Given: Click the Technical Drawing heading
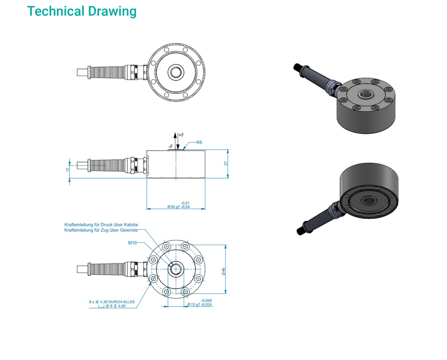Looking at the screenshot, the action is tap(82, 11).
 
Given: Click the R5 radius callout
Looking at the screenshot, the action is tap(199, 142).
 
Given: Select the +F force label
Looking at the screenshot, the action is tap(181, 135).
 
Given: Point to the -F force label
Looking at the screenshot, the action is tap(171, 146).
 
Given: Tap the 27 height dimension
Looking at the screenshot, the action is tap(226, 164).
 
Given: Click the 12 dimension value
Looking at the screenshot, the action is tap(67, 170).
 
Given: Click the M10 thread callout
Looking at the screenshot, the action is tap(132, 243).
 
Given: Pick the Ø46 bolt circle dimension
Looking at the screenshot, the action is tap(223, 271).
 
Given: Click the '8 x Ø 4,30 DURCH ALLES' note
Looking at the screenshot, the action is tap(112, 301).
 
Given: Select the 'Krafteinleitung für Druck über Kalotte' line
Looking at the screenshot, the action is tap(101, 225).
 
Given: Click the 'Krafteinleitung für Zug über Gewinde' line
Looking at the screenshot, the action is tap(101, 230).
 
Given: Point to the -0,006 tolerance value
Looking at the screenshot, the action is tap(206, 301).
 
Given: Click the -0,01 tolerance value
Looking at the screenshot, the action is tap(185, 203).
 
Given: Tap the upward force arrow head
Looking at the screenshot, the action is tap(175, 136).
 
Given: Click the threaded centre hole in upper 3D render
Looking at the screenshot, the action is tap(365, 93).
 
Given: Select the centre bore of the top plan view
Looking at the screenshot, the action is tap(176, 72).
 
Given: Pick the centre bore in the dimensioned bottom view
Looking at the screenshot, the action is tap(176, 269).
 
